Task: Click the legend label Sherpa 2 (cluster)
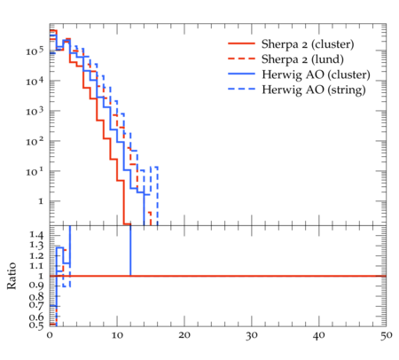308,44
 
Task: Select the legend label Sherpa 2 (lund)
302,59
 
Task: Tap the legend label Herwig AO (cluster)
316,74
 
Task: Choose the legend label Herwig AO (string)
314,90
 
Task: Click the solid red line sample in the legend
241,43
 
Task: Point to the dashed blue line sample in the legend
241,89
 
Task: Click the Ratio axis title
12,276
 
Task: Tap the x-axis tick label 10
117,336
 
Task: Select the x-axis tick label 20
184,336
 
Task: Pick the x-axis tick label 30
252,336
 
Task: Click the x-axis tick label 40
319,336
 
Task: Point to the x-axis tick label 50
387,336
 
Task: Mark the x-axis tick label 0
50,336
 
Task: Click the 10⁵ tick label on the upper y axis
35,51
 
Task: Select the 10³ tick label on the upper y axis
35,112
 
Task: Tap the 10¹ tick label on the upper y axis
35,172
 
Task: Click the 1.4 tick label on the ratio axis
36,236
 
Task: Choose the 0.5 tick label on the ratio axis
36,325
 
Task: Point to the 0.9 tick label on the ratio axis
36,286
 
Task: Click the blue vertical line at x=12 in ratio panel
130,251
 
